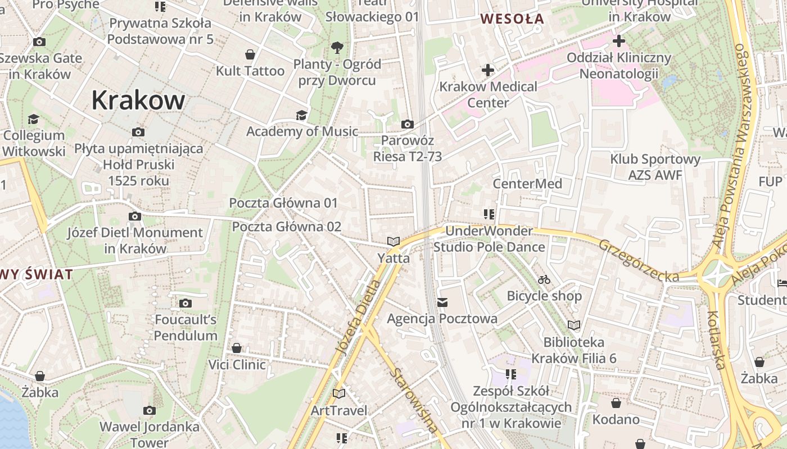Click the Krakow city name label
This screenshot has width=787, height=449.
[x=138, y=100]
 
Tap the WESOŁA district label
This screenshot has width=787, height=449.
[x=512, y=19]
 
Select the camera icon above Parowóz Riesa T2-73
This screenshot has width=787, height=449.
[x=408, y=124]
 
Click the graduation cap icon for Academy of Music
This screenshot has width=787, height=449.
[x=302, y=115]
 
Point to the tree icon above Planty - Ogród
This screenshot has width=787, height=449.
[x=337, y=47]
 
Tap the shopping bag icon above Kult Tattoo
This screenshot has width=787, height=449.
[x=250, y=54]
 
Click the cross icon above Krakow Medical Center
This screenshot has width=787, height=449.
[x=488, y=70]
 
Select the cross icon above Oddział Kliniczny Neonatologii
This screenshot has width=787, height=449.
[x=619, y=41]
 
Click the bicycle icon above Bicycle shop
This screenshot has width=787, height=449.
[x=544, y=279]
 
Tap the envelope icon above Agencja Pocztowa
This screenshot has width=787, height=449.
[x=442, y=303]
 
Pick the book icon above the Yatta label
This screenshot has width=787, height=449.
[x=393, y=242]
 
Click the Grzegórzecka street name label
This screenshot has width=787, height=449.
[x=639, y=260]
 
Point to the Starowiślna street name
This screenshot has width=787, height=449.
[x=415, y=400]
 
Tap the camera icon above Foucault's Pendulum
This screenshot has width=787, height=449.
[x=186, y=304]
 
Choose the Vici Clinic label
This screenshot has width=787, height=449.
[x=237, y=365]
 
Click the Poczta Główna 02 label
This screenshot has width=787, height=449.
[x=287, y=227]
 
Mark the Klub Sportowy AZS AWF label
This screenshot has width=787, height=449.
[x=655, y=167]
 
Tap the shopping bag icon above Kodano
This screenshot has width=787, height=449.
[x=616, y=403]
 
